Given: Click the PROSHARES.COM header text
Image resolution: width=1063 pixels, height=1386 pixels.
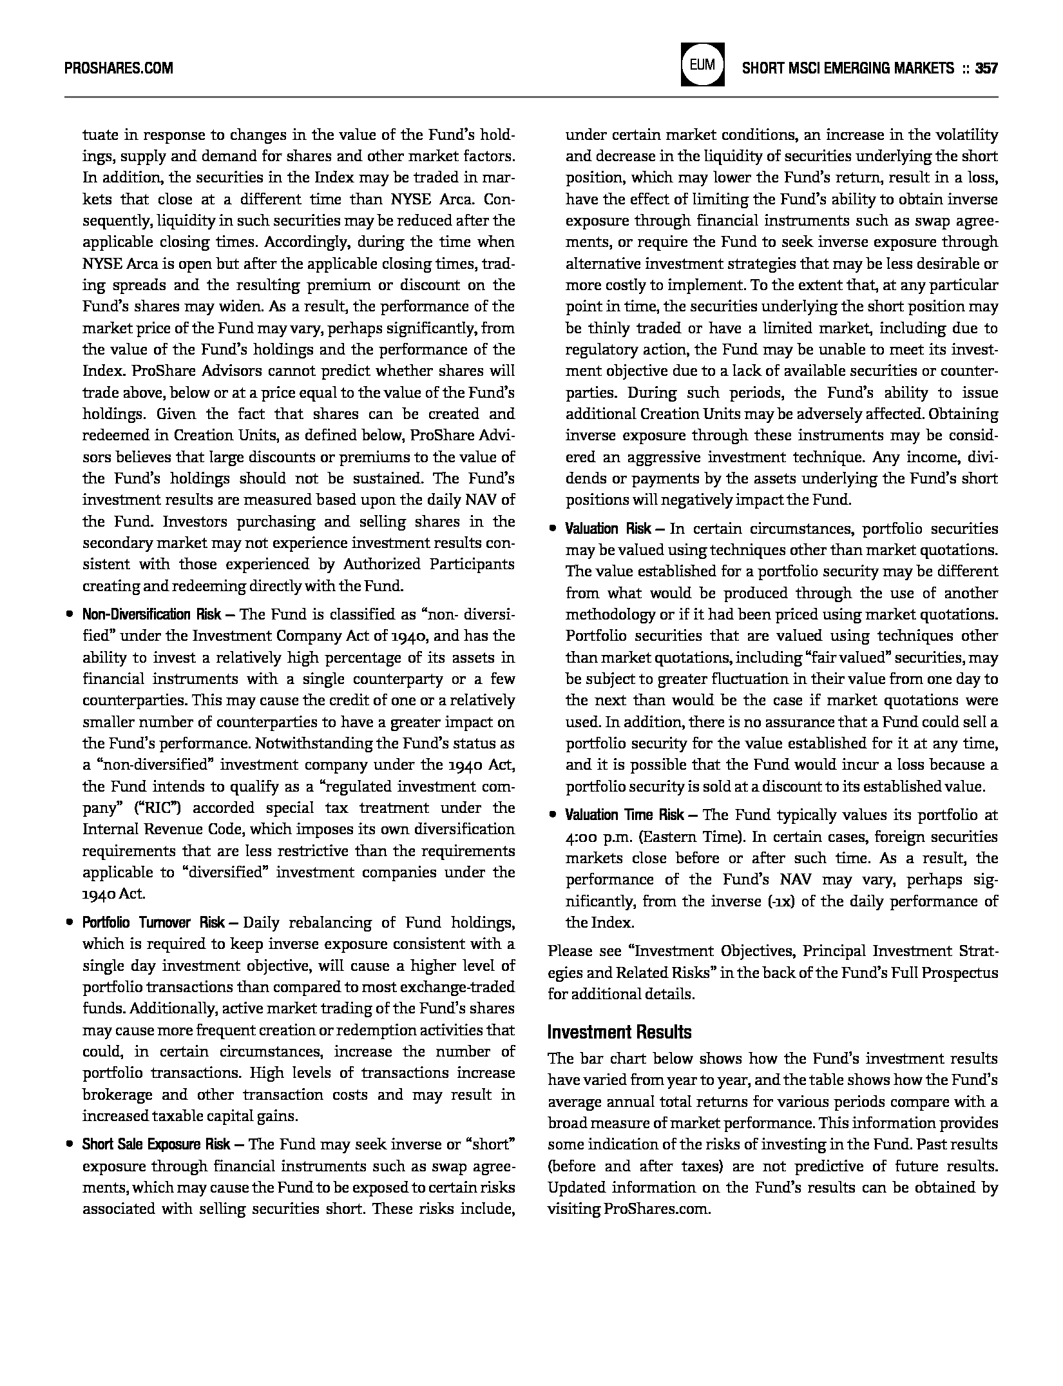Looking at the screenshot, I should click(x=119, y=68).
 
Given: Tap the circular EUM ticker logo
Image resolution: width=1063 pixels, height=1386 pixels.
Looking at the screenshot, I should click(x=702, y=65).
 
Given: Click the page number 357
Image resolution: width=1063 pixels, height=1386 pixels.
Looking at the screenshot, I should click(x=986, y=68).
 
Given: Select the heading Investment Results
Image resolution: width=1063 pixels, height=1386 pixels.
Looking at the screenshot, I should click(x=619, y=1032).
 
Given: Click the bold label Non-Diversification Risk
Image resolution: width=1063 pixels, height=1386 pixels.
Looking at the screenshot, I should click(x=151, y=614).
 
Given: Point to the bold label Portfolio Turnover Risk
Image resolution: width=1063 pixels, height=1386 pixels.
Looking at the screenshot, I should click(x=153, y=922).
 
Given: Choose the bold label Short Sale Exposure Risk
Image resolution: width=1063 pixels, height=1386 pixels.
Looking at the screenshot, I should click(x=156, y=1144).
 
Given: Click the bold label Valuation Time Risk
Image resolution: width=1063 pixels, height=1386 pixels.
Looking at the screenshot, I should click(x=624, y=815).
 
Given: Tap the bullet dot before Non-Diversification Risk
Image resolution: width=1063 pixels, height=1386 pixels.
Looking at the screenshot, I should click(x=69, y=615).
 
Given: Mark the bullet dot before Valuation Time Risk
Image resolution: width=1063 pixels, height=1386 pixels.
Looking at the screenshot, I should click(x=552, y=815).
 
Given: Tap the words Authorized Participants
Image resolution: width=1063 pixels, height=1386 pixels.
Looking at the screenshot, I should click(x=428, y=565).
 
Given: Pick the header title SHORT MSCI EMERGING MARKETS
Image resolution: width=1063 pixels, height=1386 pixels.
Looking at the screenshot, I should click(x=848, y=68).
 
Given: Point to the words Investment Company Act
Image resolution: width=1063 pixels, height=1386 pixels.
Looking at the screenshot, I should click(x=279, y=636).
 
